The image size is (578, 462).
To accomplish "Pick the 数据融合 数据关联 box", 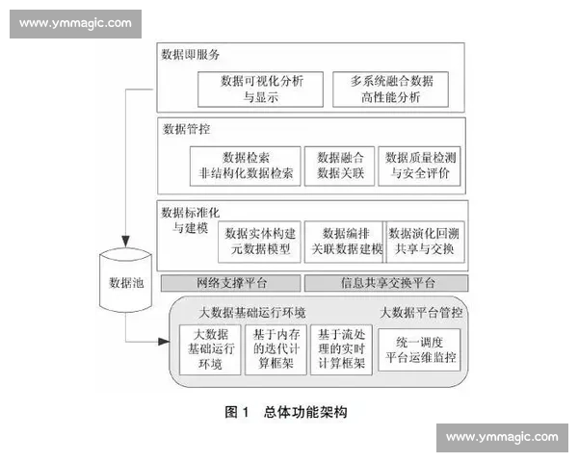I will [339, 166].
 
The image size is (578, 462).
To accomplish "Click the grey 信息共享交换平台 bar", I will [385, 283].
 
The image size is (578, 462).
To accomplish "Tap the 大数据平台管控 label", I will [421, 313].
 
